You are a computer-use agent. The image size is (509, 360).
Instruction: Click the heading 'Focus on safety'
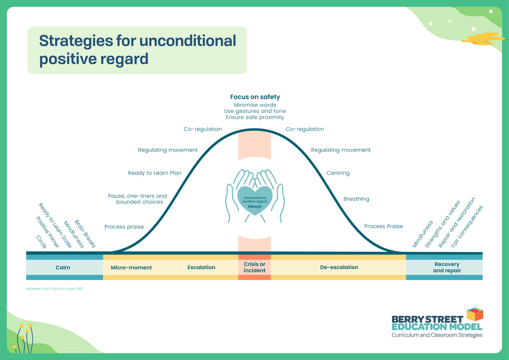(255, 97)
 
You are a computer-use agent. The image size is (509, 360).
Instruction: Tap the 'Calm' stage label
(63, 267)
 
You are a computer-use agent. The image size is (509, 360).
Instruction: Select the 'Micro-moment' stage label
(131, 267)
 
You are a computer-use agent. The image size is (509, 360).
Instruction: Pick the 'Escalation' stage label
(201, 267)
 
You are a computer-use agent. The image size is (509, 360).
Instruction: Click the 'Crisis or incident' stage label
(255, 267)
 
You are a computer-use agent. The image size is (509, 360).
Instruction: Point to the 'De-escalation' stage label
(339, 267)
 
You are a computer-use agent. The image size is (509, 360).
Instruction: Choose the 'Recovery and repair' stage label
(447, 267)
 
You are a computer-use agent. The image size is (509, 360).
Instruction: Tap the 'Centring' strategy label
(338, 173)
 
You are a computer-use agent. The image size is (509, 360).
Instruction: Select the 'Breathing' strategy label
(356, 199)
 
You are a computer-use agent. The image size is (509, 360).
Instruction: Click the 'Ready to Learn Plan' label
(155, 173)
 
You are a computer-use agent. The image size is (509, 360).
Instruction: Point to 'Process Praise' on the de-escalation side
(383, 226)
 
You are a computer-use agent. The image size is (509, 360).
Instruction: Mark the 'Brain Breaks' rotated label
(85, 233)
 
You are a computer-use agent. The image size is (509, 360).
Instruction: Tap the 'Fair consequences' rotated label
(467, 227)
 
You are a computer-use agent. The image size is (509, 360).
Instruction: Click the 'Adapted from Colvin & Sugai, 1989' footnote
(54, 289)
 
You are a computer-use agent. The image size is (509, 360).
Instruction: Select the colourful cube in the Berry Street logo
(475, 315)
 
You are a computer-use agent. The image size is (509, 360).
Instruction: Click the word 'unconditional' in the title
(187, 41)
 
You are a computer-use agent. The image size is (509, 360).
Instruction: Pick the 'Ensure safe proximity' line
(255, 117)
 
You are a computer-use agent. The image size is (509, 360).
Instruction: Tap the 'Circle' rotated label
(42, 242)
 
